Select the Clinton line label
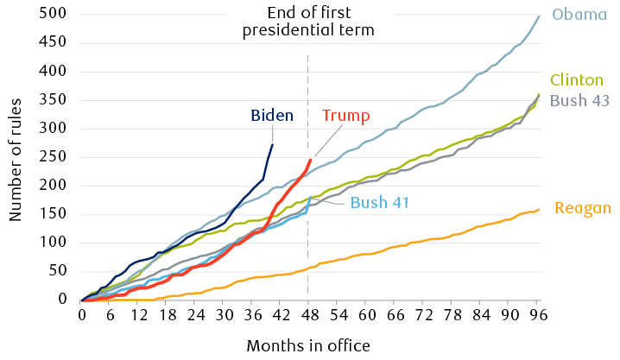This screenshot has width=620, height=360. (x=576, y=79)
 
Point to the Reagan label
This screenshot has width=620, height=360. (x=584, y=208)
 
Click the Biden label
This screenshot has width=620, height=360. (x=272, y=115)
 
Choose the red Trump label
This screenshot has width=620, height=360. (x=345, y=116)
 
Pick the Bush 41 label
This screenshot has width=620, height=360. (x=379, y=204)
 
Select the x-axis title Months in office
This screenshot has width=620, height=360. (x=308, y=345)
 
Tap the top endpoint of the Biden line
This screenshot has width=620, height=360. (x=273, y=142)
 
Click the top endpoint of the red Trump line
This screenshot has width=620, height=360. (x=310, y=160)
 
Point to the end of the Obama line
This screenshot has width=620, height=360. (x=538, y=16)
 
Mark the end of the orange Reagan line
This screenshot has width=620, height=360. (x=538, y=209)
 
